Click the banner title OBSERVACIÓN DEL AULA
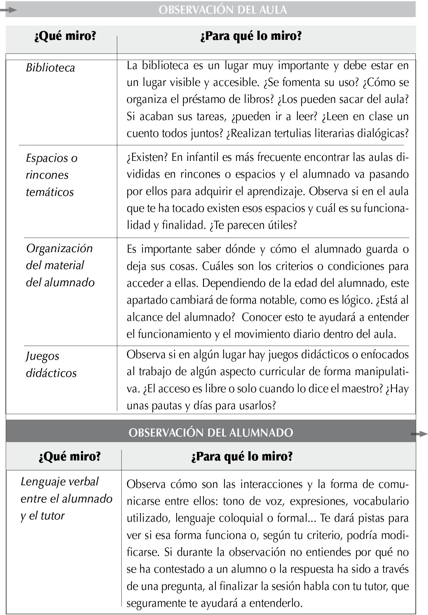223,10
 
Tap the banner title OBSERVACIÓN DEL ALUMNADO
211,433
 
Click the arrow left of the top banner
9,10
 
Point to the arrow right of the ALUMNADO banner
419,434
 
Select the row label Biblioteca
50,68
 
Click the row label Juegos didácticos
51,364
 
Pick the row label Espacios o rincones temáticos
51,175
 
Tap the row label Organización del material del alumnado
60,265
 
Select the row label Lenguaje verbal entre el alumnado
66,498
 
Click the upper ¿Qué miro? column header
65,36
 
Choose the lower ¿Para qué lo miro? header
242,456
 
